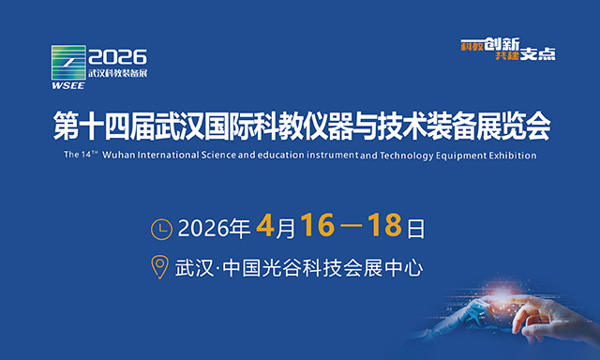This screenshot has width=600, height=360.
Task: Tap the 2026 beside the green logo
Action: point(116,56)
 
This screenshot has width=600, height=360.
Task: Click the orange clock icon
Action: point(162,228)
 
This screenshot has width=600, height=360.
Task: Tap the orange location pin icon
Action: point(161,267)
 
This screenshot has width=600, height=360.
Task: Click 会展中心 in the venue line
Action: point(383,267)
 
